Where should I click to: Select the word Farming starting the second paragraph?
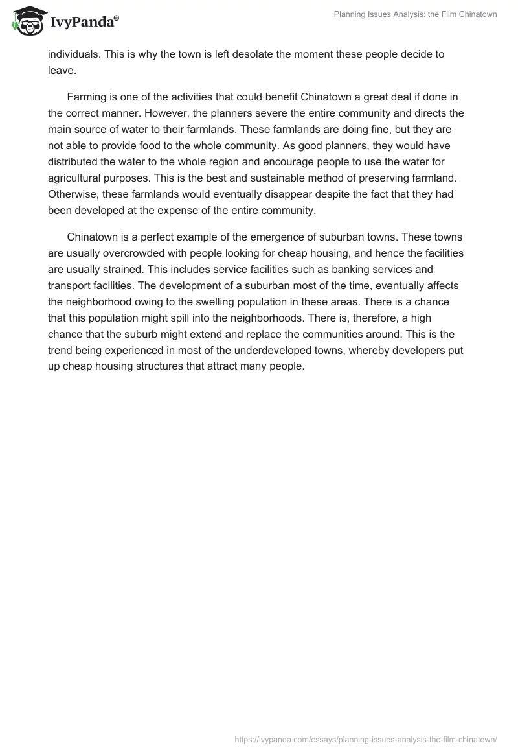[x=87, y=97]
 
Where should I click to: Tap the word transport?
[x=69, y=302]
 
